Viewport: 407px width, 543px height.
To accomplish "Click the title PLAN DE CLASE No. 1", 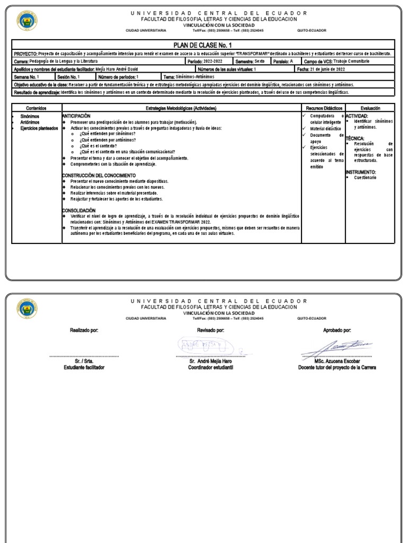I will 203,46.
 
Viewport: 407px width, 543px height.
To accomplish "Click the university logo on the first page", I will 27,21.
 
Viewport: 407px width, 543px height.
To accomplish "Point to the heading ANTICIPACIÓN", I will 77,115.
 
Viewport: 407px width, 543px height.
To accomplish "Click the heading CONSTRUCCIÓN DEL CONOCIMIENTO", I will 99,175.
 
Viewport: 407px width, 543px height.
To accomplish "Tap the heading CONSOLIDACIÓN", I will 79,211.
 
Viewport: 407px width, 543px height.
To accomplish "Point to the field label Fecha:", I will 303,69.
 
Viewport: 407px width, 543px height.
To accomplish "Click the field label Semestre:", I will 244,62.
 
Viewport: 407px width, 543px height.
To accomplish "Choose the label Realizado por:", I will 84,330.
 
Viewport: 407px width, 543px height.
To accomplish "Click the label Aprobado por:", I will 337,330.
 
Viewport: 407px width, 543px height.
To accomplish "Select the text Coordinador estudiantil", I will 203,367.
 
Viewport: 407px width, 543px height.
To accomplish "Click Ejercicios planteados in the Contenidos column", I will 36,128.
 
